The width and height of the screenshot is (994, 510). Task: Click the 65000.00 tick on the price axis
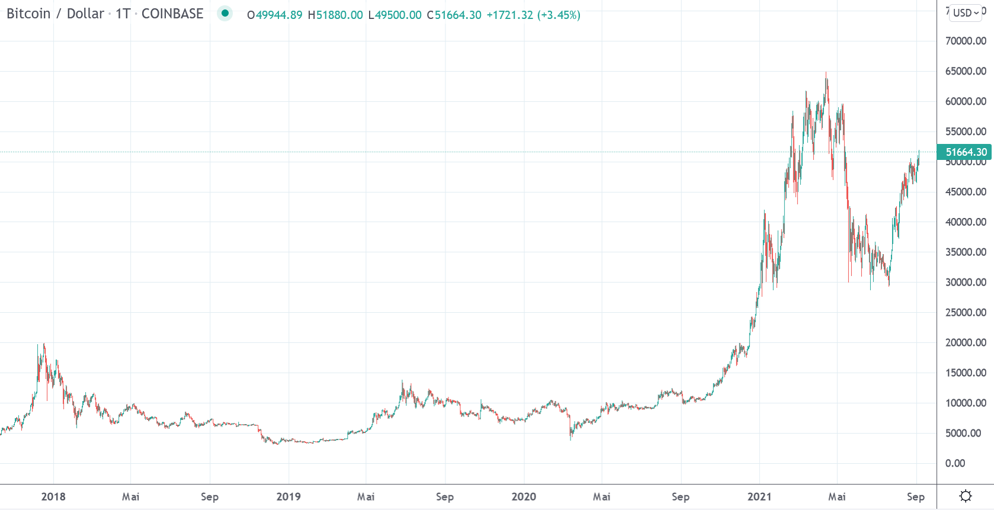click(x=966, y=71)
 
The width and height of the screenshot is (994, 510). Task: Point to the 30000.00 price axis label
click(x=966, y=283)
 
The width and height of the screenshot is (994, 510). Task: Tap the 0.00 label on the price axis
click(x=955, y=463)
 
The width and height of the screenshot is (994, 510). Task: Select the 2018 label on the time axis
click(x=53, y=497)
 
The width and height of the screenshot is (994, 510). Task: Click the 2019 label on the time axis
click(x=288, y=497)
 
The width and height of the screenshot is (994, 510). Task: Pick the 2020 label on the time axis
click(x=524, y=497)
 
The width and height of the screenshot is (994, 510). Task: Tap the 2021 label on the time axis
click(x=759, y=497)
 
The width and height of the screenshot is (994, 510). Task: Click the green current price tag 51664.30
click(x=964, y=152)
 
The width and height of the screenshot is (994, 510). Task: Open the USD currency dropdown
click(x=966, y=12)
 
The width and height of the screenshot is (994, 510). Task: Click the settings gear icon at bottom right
click(x=966, y=496)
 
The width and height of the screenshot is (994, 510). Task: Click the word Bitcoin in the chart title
click(x=28, y=14)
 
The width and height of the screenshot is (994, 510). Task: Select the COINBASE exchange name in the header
click(x=172, y=14)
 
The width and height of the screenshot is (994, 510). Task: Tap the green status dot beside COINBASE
click(x=225, y=13)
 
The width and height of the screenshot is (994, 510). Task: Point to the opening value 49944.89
click(x=278, y=15)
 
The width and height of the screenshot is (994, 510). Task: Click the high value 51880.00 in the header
click(x=339, y=15)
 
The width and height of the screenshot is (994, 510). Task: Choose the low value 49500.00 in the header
click(x=398, y=15)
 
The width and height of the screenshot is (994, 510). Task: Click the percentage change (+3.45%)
click(x=559, y=15)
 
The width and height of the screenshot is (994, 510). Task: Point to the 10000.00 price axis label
click(x=966, y=403)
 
